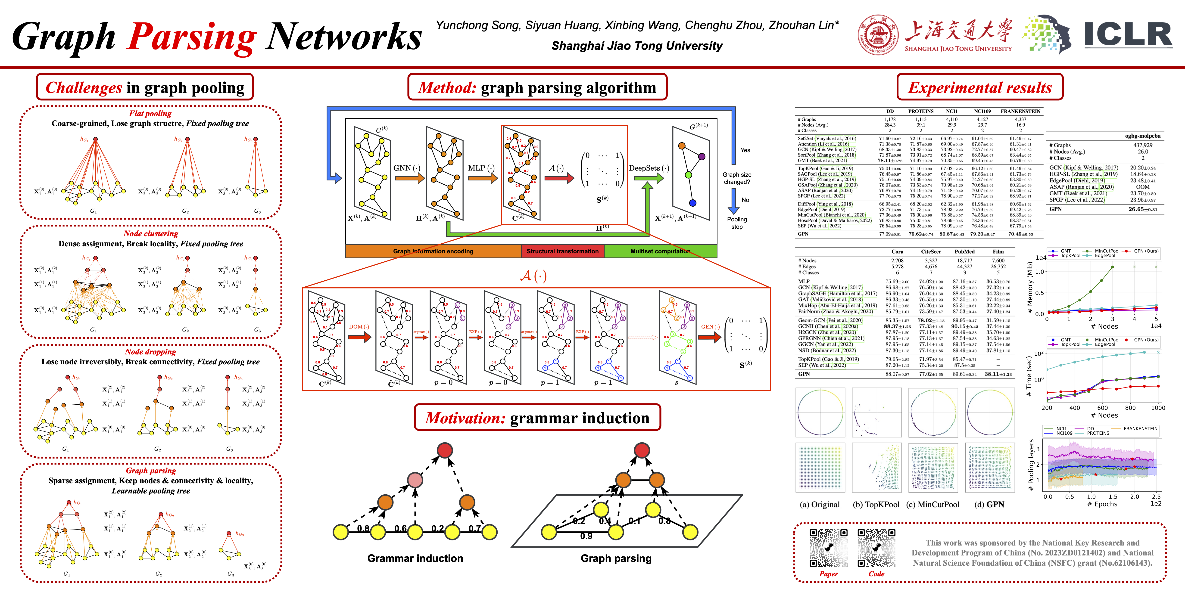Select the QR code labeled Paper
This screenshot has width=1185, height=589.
829,548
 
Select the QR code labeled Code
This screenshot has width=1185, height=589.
876,548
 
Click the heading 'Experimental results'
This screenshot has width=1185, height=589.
980,87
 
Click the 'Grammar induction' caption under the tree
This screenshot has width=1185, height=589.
415,558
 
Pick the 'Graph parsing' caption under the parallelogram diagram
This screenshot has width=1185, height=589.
616,558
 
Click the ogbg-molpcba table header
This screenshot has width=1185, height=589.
1143,136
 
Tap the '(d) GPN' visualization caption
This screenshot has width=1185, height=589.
989,504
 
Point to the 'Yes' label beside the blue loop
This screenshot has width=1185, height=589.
745,150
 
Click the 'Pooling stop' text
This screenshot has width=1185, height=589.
737,223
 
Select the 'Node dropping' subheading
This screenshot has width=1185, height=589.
150,352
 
